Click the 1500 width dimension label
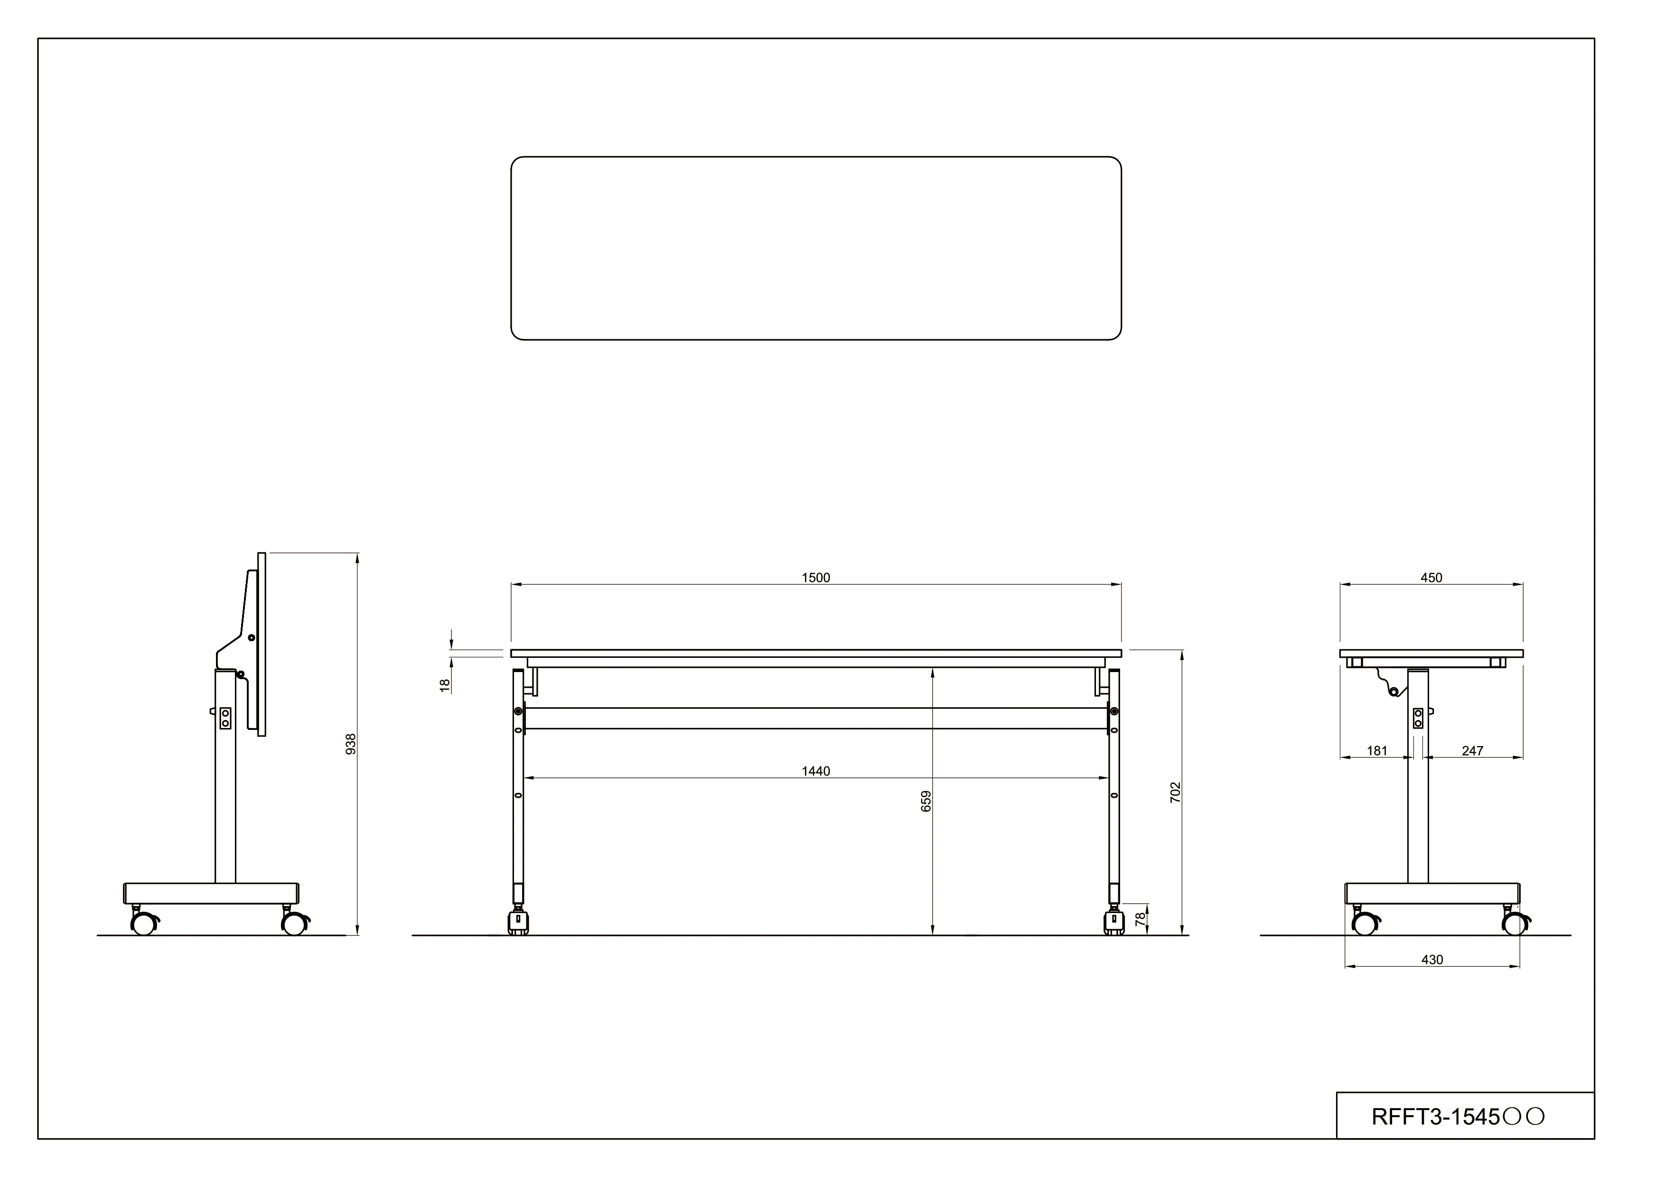point(816,578)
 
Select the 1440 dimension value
point(816,772)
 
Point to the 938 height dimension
point(351,744)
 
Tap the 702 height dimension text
point(1176,792)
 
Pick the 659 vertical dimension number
point(926,801)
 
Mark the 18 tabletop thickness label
point(445,685)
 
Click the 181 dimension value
point(1377,751)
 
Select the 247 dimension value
point(1473,751)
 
